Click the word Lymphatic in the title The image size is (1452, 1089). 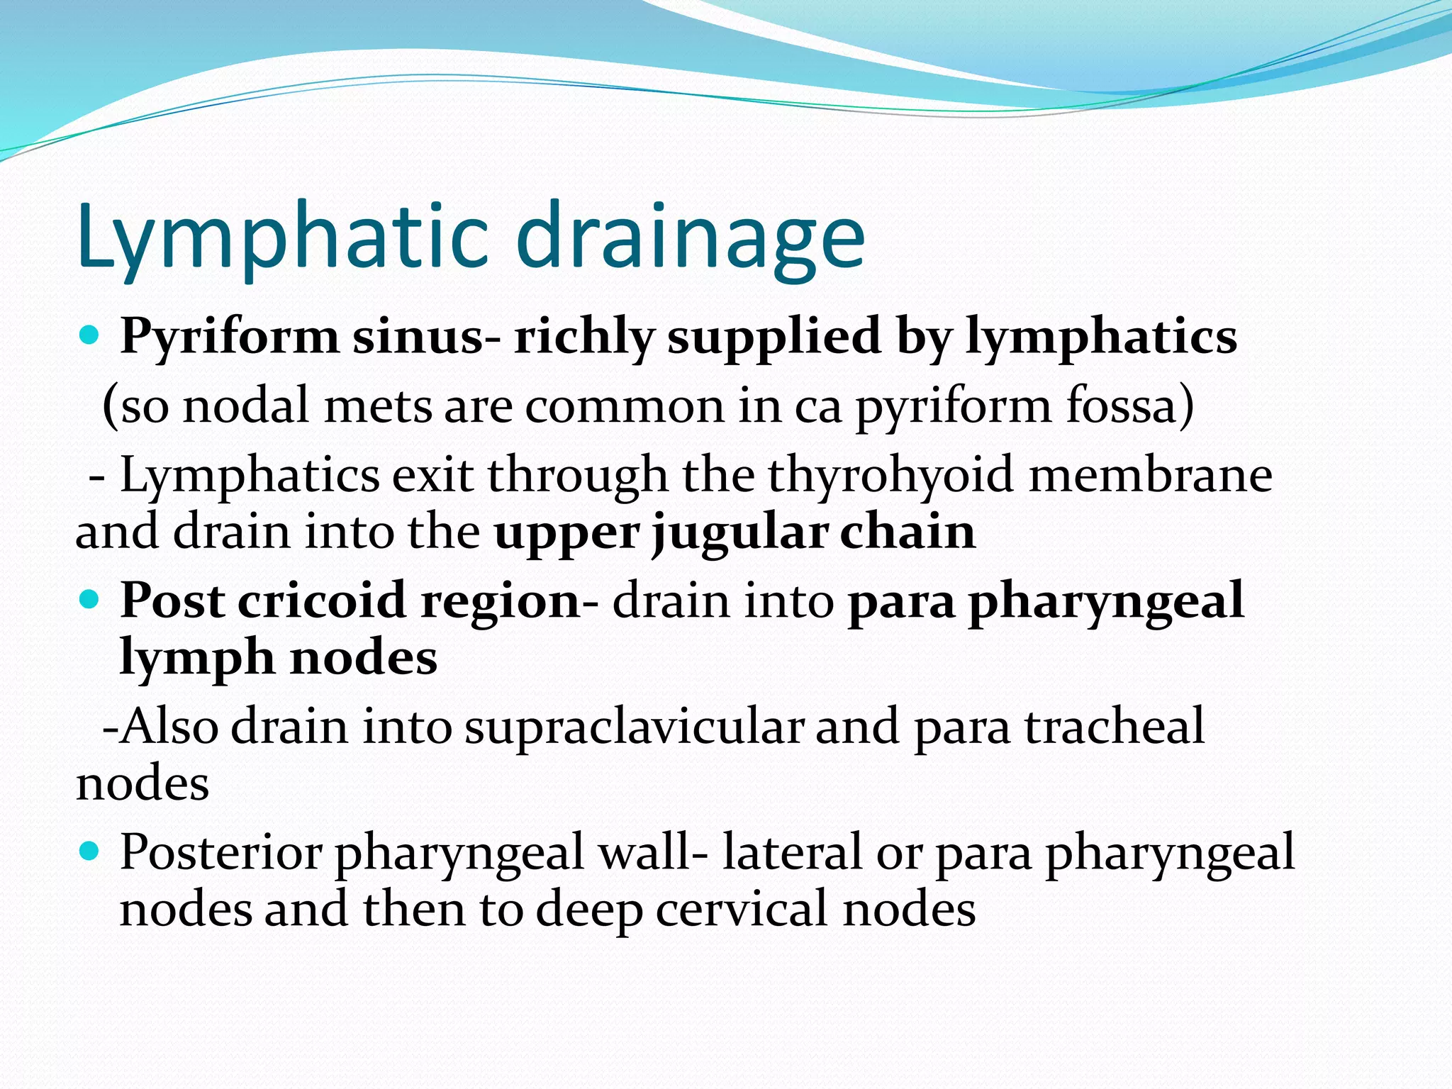click(284, 238)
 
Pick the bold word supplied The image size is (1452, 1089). click(774, 337)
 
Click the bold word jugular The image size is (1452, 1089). click(740, 533)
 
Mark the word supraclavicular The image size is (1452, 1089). click(634, 726)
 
